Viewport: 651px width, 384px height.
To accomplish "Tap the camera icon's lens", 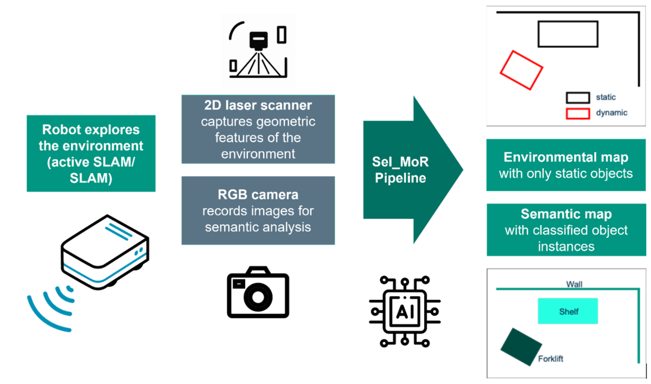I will (x=258, y=297).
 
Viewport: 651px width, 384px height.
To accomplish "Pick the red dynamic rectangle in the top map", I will (x=521, y=69).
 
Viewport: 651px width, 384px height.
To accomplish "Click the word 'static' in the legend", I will (x=606, y=97).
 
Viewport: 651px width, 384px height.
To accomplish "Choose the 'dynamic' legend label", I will (x=611, y=113).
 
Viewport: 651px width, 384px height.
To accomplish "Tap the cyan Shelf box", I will (x=567, y=311).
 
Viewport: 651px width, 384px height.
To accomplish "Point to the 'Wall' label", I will (x=574, y=284).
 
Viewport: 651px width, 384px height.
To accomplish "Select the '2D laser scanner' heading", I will (x=258, y=105).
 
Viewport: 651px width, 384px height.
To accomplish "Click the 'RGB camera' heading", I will (x=258, y=194).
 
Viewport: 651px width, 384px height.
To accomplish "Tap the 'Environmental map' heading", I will (x=566, y=157).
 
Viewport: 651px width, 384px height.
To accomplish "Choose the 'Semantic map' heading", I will (x=566, y=214).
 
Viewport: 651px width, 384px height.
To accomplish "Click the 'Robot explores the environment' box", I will (x=91, y=153).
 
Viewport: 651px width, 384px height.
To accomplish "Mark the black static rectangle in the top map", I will (x=567, y=34).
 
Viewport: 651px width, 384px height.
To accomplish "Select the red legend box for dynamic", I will (x=577, y=113).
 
